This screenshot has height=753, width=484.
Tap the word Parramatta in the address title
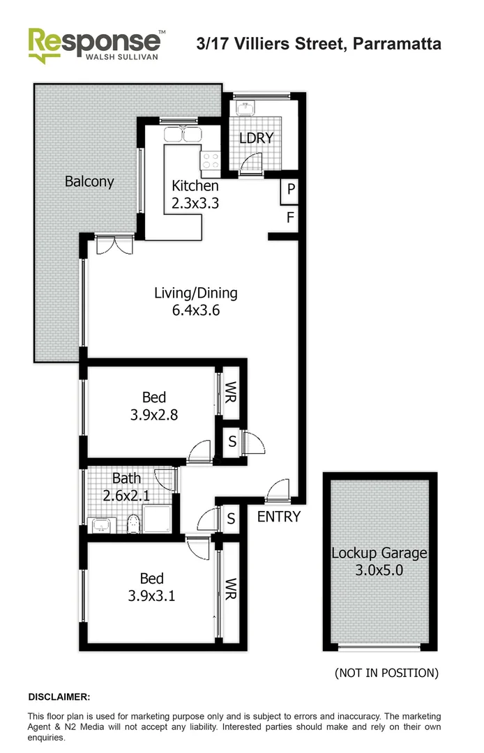(397, 44)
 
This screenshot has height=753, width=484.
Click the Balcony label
(89, 182)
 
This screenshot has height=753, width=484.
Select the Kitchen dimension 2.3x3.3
(195, 204)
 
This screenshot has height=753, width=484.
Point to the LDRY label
(256, 138)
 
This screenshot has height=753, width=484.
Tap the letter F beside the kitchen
(291, 218)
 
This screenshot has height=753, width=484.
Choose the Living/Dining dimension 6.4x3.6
(196, 311)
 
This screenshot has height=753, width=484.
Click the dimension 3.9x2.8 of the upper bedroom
(154, 415)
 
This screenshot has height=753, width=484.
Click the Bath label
(126, 478)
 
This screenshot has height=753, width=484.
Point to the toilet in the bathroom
(133, 522)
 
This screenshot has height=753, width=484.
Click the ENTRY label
(279, 517)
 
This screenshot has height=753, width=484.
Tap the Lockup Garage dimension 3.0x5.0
(379, 570)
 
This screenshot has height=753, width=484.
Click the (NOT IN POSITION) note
(386, 673)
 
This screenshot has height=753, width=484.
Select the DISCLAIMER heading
(59, 697)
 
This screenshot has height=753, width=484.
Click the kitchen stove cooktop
(210, 162)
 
